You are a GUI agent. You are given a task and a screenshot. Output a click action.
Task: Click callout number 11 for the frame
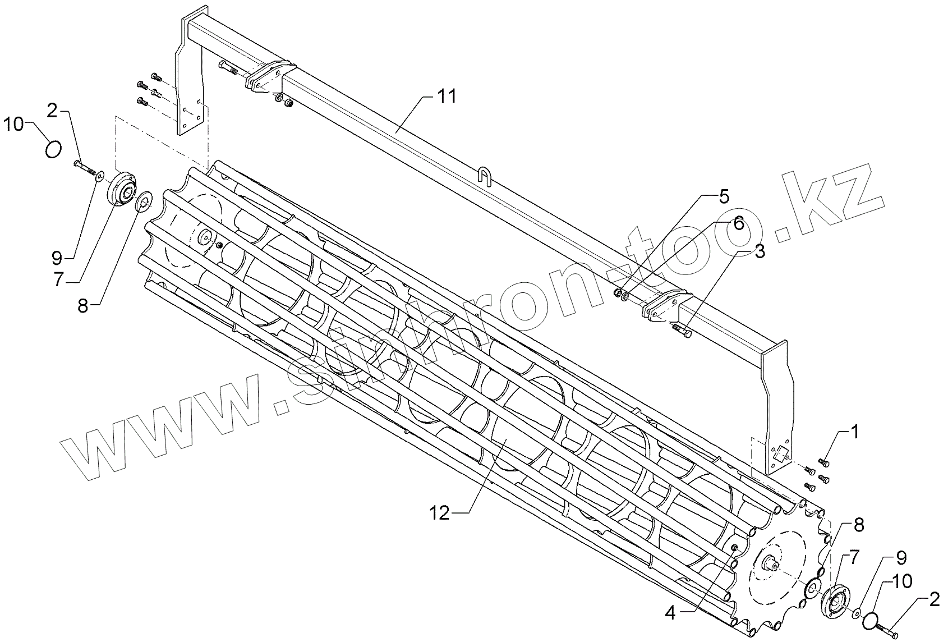(x=447, y=97)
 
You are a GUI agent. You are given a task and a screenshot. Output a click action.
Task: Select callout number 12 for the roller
(x=440, y=513)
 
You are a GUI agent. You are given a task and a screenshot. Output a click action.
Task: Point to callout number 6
(x=738, y=224)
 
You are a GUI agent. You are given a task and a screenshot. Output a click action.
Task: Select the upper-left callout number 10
(x=15, y=124)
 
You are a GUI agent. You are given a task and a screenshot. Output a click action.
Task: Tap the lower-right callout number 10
(x=901, y=580)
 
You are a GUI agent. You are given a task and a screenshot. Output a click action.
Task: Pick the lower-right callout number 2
(x=933, y=601)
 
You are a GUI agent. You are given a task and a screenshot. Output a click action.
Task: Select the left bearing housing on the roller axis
(x=122, y=190)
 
